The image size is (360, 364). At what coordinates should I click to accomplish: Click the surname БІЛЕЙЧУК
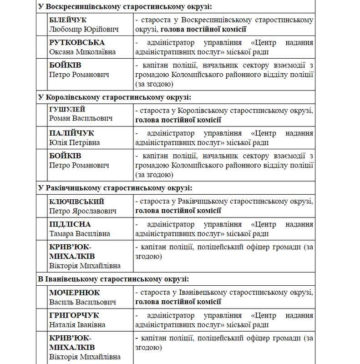[x=68, y=20]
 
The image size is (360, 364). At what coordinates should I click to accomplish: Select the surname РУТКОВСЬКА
[x=74, y=43]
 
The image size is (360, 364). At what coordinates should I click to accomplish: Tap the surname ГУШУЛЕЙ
[x=67, y=110]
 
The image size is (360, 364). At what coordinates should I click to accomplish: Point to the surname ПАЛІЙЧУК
[x=71, y=133]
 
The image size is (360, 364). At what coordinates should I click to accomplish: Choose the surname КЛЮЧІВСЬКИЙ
[x=76, y=201]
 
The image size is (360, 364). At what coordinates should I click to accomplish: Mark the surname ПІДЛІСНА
[x=70, y=224]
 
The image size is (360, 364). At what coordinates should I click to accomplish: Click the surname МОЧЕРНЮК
[x=74, y=293]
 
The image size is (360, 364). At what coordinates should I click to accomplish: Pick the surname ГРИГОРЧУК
[x=74, y=315]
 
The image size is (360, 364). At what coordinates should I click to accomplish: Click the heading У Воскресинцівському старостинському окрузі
[x=125, y=7]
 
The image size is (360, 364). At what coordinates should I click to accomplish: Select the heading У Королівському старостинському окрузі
[x=114, y=97]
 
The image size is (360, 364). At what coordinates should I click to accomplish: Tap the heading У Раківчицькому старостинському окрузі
[x=115, y=188]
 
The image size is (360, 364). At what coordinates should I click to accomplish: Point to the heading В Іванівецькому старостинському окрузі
[x=114, y=279]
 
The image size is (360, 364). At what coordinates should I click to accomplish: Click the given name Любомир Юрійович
[x=84, y=29]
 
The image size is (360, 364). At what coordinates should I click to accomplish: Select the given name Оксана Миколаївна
[x=82, y=52]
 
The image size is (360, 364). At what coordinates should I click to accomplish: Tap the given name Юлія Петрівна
[x=75, y=142]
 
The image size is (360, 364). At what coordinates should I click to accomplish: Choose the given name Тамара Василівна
[x=80, y=234]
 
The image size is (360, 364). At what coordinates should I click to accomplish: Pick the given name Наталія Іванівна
[x=77, y=325]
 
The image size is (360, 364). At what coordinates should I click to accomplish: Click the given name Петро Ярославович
[x=83, y=211]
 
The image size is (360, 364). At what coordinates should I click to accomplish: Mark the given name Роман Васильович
[x=81, y=119]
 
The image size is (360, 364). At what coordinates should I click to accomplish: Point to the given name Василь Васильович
[x=82, y=302]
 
